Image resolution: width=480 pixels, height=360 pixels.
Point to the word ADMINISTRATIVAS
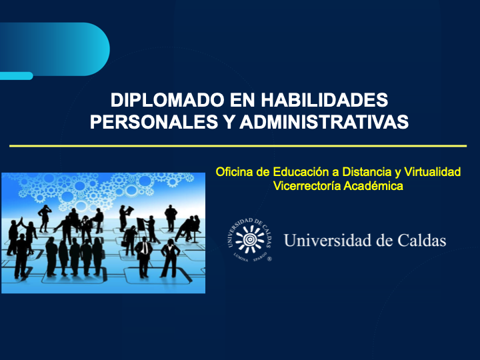(323, 123)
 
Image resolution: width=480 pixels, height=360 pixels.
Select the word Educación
(295, 172)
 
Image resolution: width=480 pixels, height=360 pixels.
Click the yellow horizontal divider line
(238, 145)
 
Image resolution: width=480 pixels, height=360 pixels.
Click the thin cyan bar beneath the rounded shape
(16, 76)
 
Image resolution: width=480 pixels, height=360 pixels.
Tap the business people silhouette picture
(103, 233)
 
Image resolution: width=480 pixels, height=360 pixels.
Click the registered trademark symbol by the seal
(269, 259)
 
